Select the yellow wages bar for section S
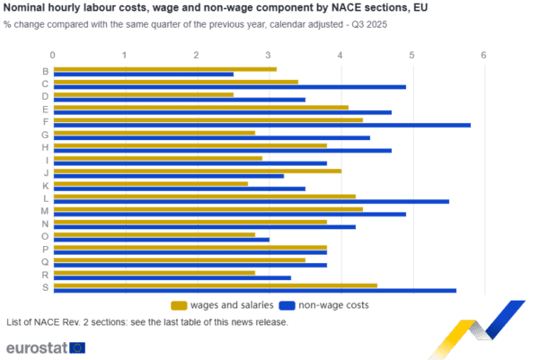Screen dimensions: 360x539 pos(216,285)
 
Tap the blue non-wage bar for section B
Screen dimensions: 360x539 pos(144,75)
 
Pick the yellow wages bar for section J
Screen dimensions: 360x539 pos(198,171)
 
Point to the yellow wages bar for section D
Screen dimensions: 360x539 pos(144,93)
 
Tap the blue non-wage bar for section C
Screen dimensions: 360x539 pos(230,87)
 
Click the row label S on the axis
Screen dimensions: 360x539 pos(45,287)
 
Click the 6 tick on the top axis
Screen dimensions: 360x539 pos(483,56)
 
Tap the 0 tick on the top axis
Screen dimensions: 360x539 pos(54,56)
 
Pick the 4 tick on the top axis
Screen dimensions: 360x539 pos(340,56)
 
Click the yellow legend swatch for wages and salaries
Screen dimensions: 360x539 pos(179,305)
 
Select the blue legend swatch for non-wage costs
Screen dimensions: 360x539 pos(287,305)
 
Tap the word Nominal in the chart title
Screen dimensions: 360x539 pos(28,9)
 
